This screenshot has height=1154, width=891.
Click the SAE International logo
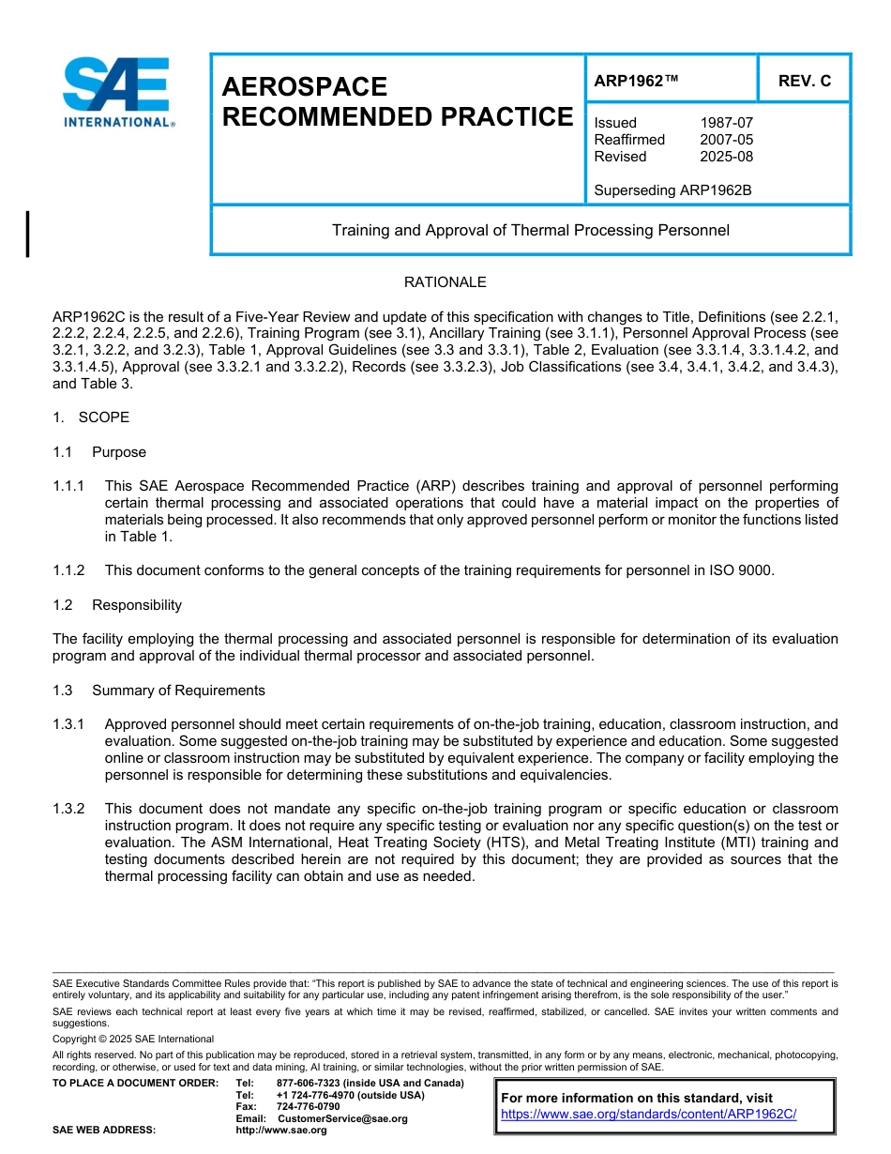coord(116,92)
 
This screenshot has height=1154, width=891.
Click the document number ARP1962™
coord(636,81)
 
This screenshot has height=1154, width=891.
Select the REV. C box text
coord(805,81)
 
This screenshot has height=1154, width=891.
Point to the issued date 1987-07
coord(726,123)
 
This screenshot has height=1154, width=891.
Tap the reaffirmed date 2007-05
coord(726,140)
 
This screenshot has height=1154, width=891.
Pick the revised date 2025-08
coord(726,157)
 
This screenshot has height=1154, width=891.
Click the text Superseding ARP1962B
coord(673,190)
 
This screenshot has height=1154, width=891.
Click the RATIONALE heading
coord(445,282)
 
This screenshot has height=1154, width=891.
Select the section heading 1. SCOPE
coord(91,418)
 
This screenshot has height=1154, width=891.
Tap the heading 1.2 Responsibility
coord(118,605)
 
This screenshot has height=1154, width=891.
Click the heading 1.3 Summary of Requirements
coord(159,691)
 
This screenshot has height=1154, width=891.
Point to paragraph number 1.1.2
coord(68,570)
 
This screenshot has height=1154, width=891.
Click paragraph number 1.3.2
coord(68,809)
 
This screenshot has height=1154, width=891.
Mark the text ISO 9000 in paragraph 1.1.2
coord(746,570)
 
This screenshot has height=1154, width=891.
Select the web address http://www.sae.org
coord(282,1131)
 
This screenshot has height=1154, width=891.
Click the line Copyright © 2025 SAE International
coord(133,1040)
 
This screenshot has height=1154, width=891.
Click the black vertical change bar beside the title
coord(28,234)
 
